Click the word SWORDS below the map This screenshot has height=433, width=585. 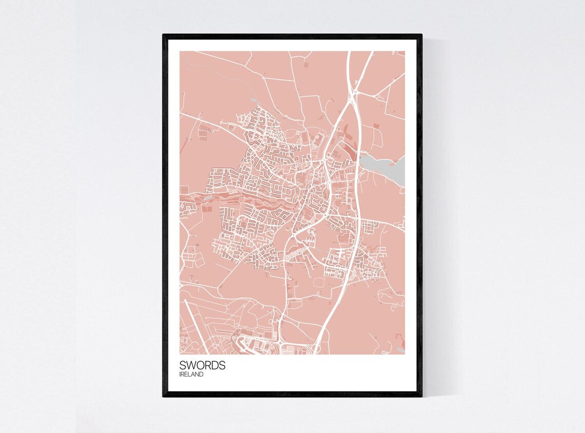pyautogui.click(x=202, y=365)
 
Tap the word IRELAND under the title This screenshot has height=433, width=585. pyautogui.click(x=191, y=375)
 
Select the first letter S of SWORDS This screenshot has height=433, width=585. pyautogui.click(x=183, y=365)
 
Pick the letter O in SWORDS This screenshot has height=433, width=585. pyautogui.click(x=200, y=365)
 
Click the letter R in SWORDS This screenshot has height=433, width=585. pyautogui.click(x=207, y=365)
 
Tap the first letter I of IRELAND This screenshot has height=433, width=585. pyautogui.click(x=181, y=375)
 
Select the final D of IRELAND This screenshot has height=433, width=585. pyautogui.click(x=201, y=375)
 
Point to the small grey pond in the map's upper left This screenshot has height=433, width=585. pyautogui.click(x=253, y=101)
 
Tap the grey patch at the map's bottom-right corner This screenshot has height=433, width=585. pyautogui.click(x=400, y=350)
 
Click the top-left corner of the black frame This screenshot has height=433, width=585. pyautogui.click(x=164, y=35)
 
